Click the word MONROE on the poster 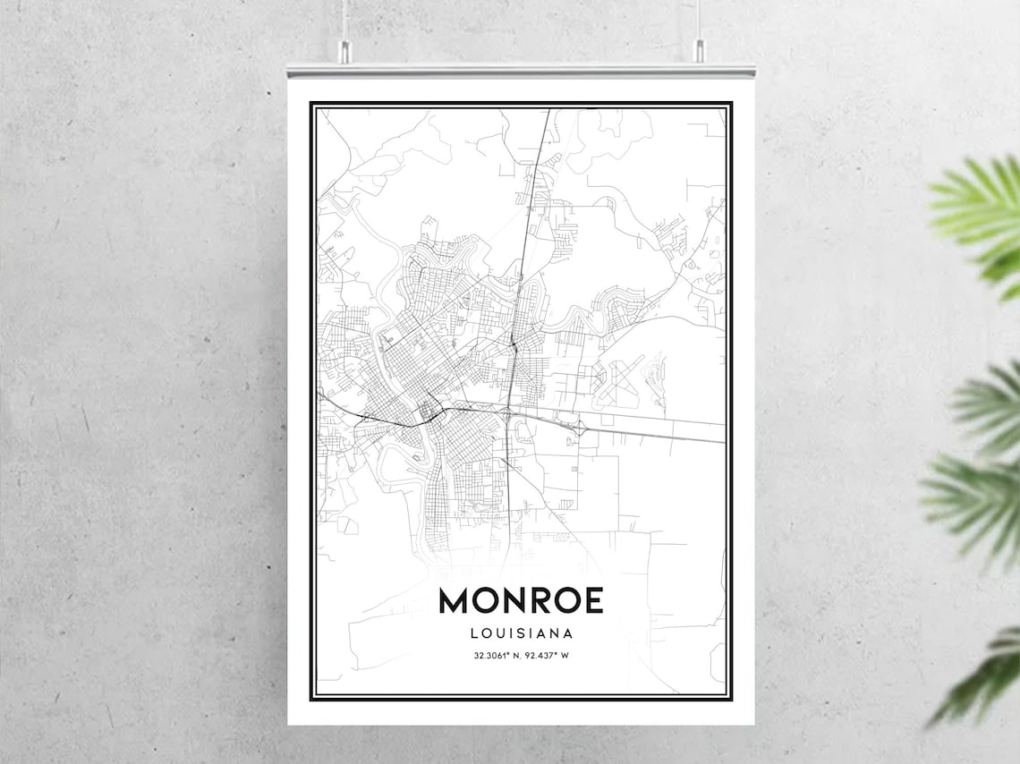coord(521,600)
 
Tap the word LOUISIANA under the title coord(521,633)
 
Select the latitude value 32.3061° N coord(497,656)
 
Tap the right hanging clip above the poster coord(699,50)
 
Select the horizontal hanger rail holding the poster coord(521,70)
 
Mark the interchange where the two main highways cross coord(507,413)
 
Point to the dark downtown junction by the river coord(428,413)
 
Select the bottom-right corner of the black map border coord(730,698)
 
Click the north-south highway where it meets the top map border coord(548,110)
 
